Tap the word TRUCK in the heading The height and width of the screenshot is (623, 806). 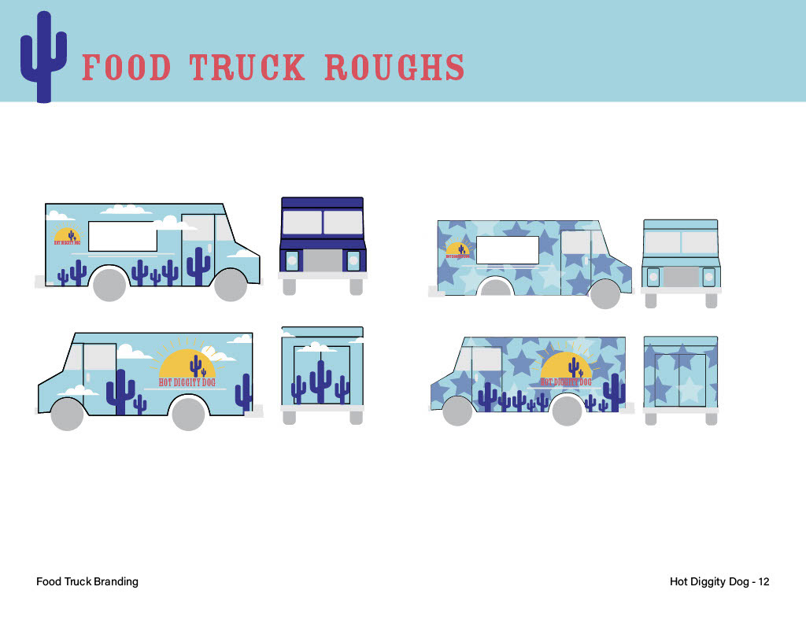click(x=247, y=68)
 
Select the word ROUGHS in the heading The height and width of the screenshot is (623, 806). click(x=394, y=68)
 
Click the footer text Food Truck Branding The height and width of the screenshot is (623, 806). click(x=87, y=581)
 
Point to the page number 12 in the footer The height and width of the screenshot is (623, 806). click(x=763, y=581)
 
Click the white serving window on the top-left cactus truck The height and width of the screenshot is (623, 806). click(x=123, y=236)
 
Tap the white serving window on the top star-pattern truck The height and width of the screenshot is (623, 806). click(x=508, y=249)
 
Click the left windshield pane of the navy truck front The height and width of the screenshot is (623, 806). click(x=301, y=222)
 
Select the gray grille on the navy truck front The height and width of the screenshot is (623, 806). click(x=323, y=260)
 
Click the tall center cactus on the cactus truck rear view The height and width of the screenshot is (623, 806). click(x=320, y=380)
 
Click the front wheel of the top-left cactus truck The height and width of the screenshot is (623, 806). click(x=231, y=284)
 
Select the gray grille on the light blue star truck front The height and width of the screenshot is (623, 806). click(x=681, y=277)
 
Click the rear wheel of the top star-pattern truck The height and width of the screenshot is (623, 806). click(x=496, y=288)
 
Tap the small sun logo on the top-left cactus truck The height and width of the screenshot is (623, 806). click(x=68, y=234)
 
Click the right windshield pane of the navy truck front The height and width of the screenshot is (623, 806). click(x=342, y=222)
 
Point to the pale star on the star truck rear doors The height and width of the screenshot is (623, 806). click(x=689, y=389)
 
